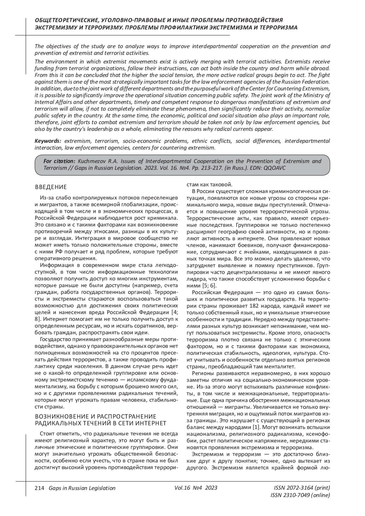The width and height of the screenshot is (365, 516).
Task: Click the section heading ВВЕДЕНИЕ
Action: [x=51, y=187]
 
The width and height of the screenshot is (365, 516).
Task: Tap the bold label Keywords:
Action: [x=48, y=141]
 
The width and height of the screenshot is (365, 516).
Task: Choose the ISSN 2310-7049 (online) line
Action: [x=300, y=495]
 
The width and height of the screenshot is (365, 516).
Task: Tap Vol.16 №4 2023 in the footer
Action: [x=196, y=488]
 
